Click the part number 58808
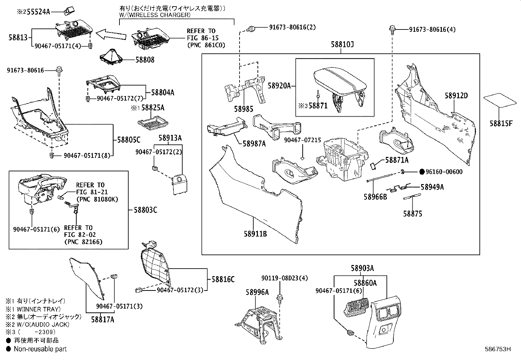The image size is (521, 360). (146, 60)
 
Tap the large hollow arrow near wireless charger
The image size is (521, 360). (111, 34)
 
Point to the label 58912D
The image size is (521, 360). (456, 96)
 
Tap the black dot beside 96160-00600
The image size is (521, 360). (422, 172)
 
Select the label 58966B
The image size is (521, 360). (375, 197)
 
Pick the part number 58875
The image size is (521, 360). (412, 214)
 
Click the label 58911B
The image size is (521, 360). (255, 234)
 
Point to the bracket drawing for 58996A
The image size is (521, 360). (260, 323)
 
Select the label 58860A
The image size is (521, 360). (365, 282)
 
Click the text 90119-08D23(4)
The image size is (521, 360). (284, 278)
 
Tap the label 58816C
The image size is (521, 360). (223, 279)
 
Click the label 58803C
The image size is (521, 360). (145, 210)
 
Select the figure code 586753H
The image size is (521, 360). (497, 349)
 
